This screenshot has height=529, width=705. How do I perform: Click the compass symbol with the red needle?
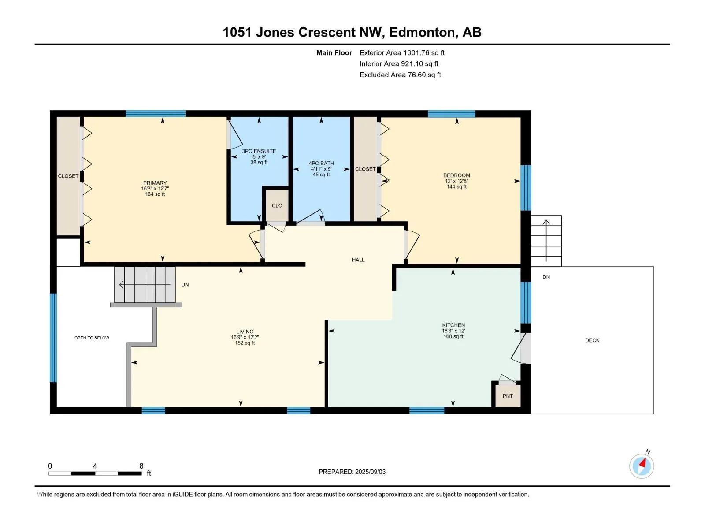click(642, 466)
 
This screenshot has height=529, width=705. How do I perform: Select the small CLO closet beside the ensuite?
click(277, 205)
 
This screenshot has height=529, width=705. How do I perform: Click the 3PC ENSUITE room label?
click(259, 151)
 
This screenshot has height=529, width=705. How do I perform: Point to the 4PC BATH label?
click(321, 163)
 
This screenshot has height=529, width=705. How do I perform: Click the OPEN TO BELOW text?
click(92, 338)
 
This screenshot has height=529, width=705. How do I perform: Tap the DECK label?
click(592, 340)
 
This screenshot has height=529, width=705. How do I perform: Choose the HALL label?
click(358, 260)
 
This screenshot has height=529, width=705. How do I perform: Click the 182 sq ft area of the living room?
click(245, 343)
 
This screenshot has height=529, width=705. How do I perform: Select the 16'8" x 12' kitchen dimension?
click(453, 331)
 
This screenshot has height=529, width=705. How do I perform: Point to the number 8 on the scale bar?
click(141, 466)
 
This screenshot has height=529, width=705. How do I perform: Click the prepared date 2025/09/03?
click(370, 472)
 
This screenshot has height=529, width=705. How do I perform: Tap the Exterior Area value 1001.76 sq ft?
click(423, 52)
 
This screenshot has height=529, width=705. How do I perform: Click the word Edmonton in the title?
click(422, 33)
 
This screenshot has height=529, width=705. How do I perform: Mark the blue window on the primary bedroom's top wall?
click(156, 113)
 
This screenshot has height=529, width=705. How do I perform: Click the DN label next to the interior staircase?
click(185, 285)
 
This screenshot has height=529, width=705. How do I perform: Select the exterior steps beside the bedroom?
click(546, 241)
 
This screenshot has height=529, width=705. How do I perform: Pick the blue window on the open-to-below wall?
click(53, 338)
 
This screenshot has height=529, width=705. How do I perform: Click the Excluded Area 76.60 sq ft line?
click(400, 75)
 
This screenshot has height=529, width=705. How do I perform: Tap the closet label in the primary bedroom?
click(68, 176)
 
